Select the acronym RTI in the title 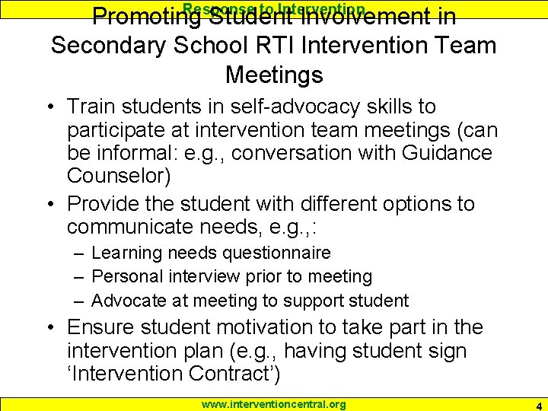tap(269, 46)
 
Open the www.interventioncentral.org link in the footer tap(273, 404)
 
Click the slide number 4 tap(539, 405)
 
